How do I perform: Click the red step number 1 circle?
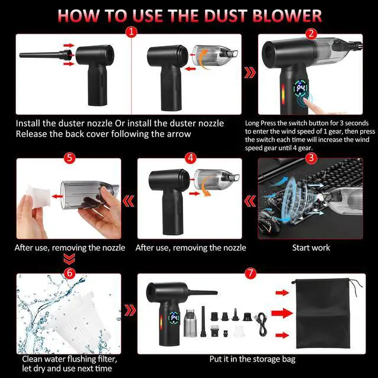click(x=131, y=32)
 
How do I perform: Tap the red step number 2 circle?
click(x=311, y=34)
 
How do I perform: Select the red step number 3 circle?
click(x=311, y=158)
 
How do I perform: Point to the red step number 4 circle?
click(x=190, y=158)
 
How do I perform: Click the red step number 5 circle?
click(x=70, y=158)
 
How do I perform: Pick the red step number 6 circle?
click(x=70, y=273)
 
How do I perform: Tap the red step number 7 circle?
click(x=250, y=273)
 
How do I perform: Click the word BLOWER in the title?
click(x=287, y=16)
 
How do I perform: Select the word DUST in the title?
click(x=225, y=16)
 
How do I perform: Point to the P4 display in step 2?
click(x=301, y=89)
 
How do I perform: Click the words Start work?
click(x=311, y=247)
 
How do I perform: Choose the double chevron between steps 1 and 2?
click(x=250, y=73)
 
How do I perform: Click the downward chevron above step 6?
click(x=70, y=259)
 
